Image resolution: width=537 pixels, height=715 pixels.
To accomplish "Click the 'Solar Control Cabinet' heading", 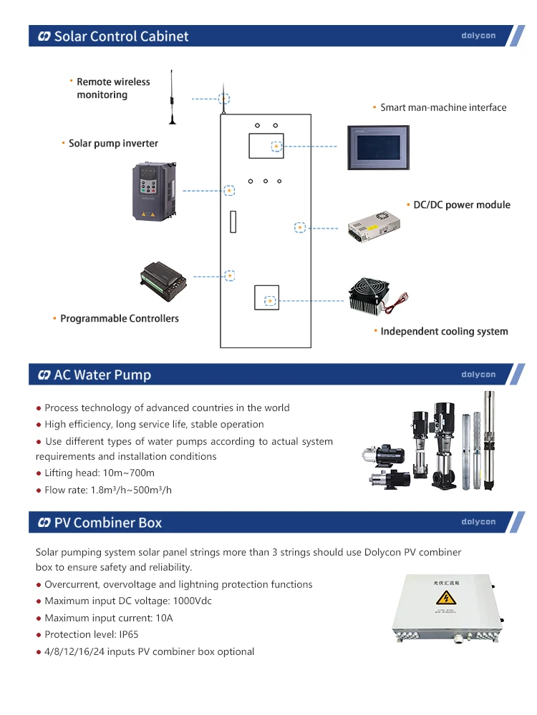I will tap(121, 36).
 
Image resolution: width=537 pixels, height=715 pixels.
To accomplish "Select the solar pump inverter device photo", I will tap(153, 191).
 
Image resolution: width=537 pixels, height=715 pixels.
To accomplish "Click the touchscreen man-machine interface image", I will tap(379, 148).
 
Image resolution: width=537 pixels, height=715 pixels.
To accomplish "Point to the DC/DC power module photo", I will tap(379, 227).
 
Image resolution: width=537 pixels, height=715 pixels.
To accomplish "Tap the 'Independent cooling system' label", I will tap(444, 332).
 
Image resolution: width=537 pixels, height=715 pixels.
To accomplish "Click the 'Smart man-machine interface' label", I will tap(442, 108).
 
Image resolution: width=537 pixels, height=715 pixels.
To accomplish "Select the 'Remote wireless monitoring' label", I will tap(112, 89).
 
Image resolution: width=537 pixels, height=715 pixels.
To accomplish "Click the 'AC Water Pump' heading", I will tap(102, 375).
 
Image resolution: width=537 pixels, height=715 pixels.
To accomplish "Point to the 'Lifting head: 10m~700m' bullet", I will tap(100, 473).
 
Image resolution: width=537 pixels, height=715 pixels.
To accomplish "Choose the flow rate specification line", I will tap(108, 490).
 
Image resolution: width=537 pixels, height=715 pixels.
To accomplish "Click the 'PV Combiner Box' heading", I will tap(108, 523).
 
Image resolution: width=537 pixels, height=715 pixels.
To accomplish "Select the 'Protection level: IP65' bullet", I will tap(92, 634).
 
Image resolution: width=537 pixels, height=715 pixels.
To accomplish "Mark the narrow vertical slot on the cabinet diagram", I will tap(233, 222).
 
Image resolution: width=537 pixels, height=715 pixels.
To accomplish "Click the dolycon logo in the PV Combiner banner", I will tap(478, 522).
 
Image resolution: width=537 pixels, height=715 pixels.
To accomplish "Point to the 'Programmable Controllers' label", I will tap(119, 319).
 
